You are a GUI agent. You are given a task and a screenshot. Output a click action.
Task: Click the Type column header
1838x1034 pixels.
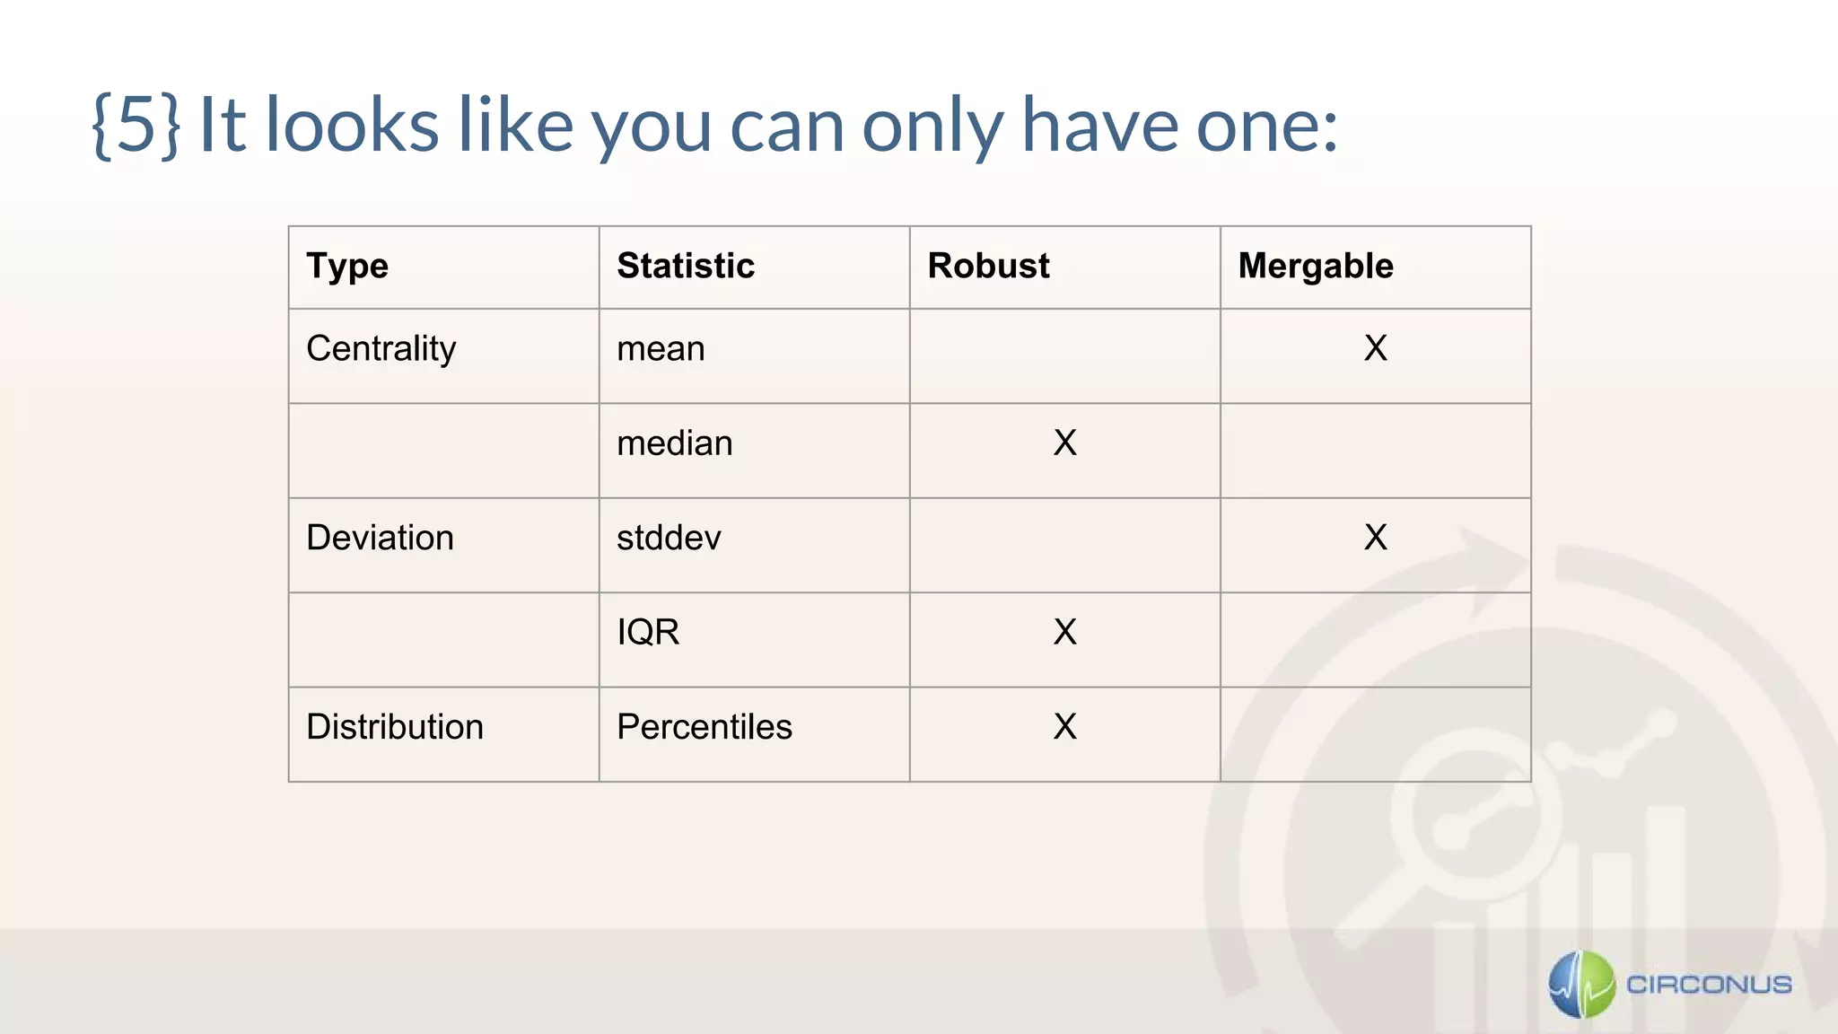point(347,267)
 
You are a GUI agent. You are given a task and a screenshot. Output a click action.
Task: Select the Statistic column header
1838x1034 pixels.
point(686,267)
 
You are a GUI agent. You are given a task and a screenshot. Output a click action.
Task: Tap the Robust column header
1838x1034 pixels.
point(988,267)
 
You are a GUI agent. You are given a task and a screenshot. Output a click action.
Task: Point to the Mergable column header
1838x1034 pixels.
point(1316,267)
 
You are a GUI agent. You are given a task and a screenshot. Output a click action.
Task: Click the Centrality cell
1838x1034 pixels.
point(381,349)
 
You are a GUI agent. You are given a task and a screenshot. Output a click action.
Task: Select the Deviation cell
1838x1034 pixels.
point(380,538)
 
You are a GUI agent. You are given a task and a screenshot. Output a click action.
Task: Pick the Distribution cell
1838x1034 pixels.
point(395,727)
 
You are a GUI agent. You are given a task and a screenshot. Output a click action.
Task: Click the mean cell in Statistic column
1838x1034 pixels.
point(661,349)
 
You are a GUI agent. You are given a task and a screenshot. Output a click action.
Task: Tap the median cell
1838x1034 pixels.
point(674,443)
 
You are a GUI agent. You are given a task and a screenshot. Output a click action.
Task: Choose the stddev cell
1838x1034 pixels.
point(669,538)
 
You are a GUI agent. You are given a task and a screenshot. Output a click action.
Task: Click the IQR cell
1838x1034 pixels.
point(648,633)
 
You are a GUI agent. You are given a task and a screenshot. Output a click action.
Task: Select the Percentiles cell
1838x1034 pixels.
point(705,727)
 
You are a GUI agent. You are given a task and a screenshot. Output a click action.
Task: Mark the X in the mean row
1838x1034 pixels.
point(1375,348)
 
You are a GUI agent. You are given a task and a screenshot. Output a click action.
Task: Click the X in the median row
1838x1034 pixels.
point(1064,443)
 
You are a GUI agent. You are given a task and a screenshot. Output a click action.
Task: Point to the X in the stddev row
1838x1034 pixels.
point(1375,538)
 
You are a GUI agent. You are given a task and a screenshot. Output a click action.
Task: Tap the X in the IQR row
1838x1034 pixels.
point(1064,633)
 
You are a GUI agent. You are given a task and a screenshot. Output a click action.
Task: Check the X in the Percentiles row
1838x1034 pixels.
point(1064,727)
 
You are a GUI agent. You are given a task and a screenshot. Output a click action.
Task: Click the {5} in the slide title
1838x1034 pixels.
point(136,126)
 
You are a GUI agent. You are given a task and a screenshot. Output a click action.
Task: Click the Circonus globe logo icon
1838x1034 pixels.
point(1581,985)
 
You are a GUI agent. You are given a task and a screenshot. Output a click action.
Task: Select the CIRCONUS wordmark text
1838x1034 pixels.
point(1709,985)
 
